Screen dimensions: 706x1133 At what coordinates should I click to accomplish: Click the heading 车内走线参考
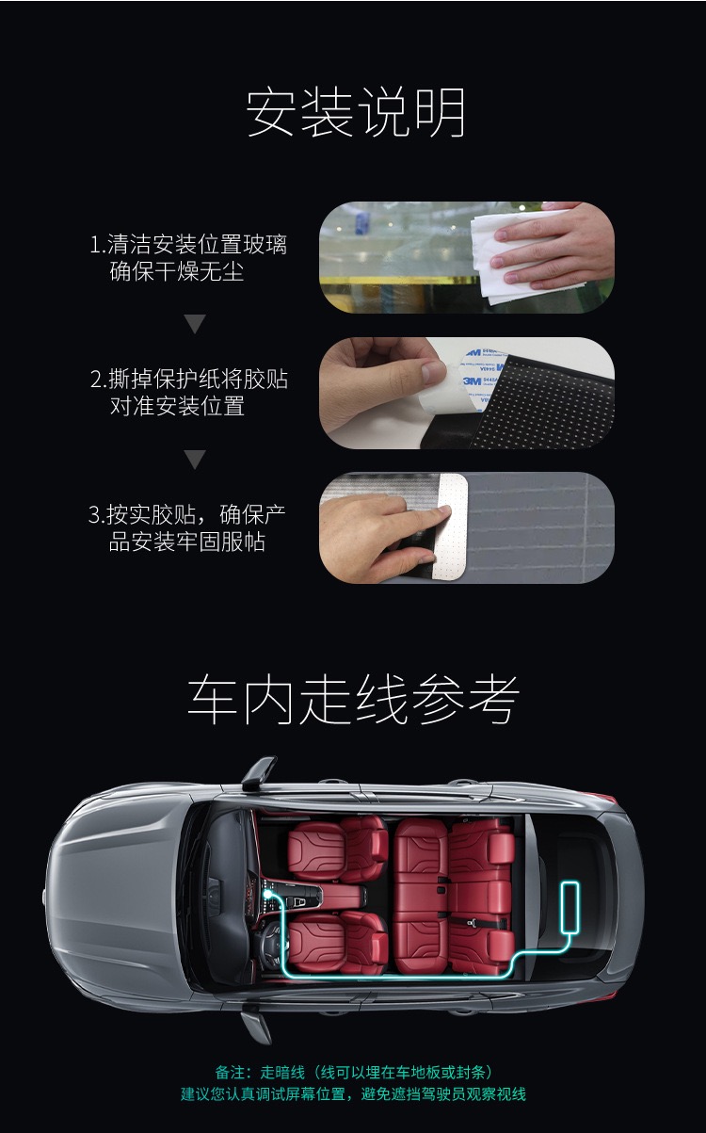[x=353, y=700]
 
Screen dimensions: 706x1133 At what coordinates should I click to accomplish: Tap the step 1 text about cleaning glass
[x=188, y=257]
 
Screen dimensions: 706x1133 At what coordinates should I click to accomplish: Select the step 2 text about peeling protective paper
[x=189, y=393]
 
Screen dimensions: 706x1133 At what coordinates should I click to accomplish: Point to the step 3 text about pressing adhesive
[x=187, y=527]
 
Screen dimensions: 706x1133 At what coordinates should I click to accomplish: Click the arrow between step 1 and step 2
[x=195, y=324]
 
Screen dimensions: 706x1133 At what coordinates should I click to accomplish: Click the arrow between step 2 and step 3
[x=195, y=460]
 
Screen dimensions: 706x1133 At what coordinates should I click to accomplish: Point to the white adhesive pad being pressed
[x=451, y=527]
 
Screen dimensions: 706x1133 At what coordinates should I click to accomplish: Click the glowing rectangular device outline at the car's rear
[x=570, y=907]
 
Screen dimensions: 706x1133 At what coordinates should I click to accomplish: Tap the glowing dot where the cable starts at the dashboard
[x=266, y=894]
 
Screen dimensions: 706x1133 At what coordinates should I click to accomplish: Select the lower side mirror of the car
[x=257, y=1023]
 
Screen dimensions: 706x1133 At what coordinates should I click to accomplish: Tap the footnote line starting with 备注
[x=354, y=1072]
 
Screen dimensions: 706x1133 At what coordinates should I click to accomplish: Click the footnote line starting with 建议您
[x=354, y=1094]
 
